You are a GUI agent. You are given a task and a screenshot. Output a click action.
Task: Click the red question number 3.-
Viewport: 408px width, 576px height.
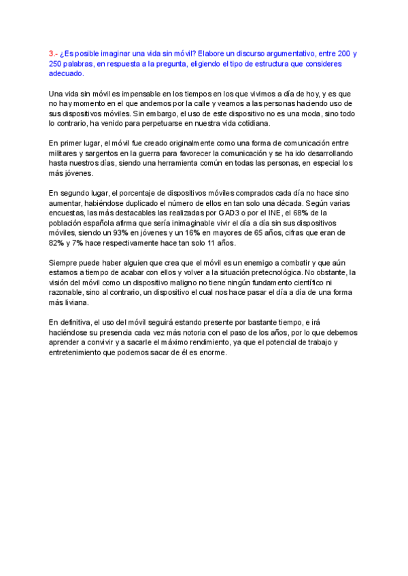tap(53, 54)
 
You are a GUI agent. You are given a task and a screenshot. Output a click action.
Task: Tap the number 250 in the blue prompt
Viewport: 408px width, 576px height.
tap(56, 63)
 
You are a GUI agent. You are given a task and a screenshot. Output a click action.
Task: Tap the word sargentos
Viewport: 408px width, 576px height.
tap(104, 154)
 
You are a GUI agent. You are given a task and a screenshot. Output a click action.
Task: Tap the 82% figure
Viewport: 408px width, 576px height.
tap(56, 242)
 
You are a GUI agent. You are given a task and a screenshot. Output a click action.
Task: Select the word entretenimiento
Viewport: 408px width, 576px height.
tap(76, 352)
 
